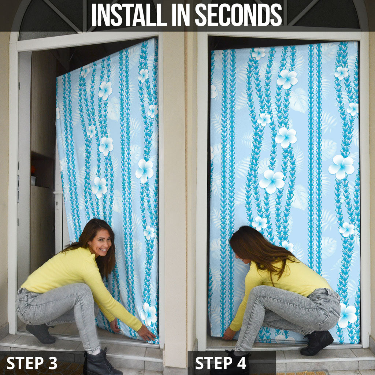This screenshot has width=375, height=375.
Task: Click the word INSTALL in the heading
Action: coord(129,15)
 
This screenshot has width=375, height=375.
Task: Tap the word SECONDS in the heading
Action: coord(239,15)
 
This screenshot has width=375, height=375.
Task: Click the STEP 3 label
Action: coord(32,363)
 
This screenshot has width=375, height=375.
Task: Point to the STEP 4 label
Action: coord(220,363)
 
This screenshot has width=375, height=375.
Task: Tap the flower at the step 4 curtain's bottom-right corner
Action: coord(348,315)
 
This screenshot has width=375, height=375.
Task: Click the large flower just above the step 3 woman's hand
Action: coord(149,314)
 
